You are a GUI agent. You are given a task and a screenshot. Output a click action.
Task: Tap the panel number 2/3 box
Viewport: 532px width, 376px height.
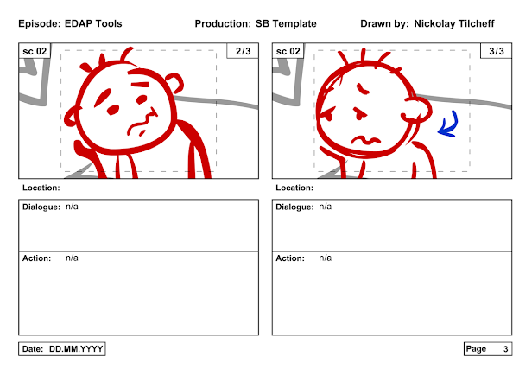click(243, 51)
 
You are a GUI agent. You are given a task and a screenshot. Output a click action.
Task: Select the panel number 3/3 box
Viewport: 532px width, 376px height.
click(496, 51)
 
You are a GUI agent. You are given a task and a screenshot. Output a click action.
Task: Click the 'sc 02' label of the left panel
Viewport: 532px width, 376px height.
click(35, 51)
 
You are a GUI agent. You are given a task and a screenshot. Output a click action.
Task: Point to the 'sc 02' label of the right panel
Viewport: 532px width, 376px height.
click(288, 51)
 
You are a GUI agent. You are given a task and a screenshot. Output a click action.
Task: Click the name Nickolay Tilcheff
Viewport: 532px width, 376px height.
click(454, 24)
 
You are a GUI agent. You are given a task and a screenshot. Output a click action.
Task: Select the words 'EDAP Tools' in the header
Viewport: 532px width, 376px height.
click(93, 24)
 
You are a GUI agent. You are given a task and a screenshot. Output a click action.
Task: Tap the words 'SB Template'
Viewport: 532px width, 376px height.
click(286, 24)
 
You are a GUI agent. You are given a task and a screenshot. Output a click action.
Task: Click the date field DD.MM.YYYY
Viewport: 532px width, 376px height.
click(76, 349)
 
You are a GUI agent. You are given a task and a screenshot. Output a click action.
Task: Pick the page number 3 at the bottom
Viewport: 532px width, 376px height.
click(505, 349)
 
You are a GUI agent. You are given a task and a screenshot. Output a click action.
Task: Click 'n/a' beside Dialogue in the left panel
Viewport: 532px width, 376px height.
click(72, 207)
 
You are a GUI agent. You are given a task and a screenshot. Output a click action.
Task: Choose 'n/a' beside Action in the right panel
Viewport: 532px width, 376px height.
click(325, 258)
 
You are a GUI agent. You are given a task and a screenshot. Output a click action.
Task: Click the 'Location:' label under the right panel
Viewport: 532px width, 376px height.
click(294, 188)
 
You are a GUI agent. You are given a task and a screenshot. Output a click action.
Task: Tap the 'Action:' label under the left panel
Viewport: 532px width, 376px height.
click(36, 258)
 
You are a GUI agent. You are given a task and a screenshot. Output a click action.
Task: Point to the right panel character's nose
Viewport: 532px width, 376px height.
click(359, 113)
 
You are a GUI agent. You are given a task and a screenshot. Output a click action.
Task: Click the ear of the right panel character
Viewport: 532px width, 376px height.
click(416, 110)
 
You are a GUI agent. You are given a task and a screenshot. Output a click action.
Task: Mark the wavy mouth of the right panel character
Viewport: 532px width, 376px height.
click(365, 140)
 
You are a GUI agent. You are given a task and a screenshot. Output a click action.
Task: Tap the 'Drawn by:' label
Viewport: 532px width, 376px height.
click(384, 24)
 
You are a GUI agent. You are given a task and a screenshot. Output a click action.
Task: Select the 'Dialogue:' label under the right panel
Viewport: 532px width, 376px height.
click(294, 207)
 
